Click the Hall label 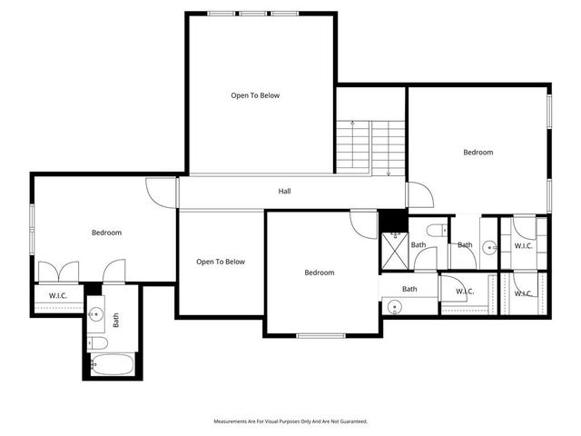pyautogui.click(x=284, y=191)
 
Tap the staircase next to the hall pyautogui.click(x=371, y=148)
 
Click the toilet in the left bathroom pyautogui.click(x=99, y=343)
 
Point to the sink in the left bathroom pyautogui.click(x=96, y=314)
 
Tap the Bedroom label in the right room pyautogui.click(x=478, y=153)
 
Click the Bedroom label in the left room pyautogui.click(x=106, y=233)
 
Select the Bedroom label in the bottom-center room pyautogui.click(x=319, y=272)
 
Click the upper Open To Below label pyautogui.click(x=255, y=95)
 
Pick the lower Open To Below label pyautogui.click(x=221, y=262)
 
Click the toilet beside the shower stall pyautogui.click(x=434, y=229)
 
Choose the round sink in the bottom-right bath pyautogui.click(x=394, y=307)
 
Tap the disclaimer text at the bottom pyautogui.click(x=290, y=421)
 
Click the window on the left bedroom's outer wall pyautogui.click(x=32, y=230)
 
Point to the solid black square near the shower pyautogui.click(x=391, y=221)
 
